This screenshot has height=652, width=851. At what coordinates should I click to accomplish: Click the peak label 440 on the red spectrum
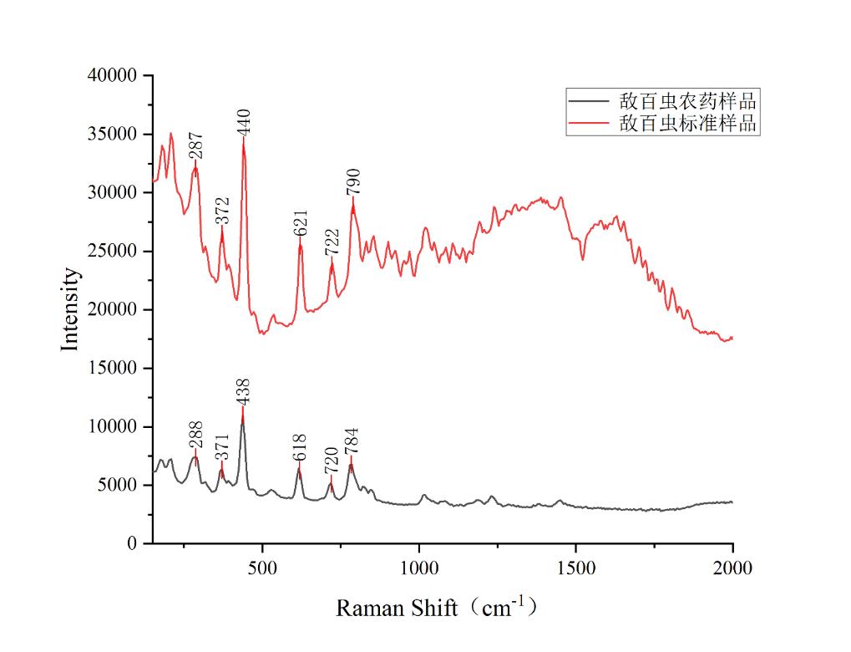(244, 121)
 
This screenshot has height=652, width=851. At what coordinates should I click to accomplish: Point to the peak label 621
(301, 222)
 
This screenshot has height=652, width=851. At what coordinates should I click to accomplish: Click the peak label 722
(332, 243)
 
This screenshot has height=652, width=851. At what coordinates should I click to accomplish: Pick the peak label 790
(353, 181)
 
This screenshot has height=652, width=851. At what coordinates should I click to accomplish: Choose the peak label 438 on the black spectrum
(243, 391)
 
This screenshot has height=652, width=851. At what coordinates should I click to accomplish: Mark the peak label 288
(196, 435)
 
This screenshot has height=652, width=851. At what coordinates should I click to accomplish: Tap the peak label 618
(300, 447)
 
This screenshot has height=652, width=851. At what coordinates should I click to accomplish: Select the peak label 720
(332, 461)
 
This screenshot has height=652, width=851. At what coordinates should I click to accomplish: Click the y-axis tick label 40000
(112, 76)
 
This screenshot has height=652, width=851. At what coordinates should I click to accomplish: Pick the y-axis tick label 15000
(112, 369)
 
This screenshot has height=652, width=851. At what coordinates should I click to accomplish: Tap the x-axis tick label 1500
(576, 568)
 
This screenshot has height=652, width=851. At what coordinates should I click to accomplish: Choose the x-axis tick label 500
(262, 568)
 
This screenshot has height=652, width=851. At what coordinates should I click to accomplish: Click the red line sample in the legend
(591, 124)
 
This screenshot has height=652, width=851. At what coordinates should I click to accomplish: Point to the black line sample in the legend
(591, 102)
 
